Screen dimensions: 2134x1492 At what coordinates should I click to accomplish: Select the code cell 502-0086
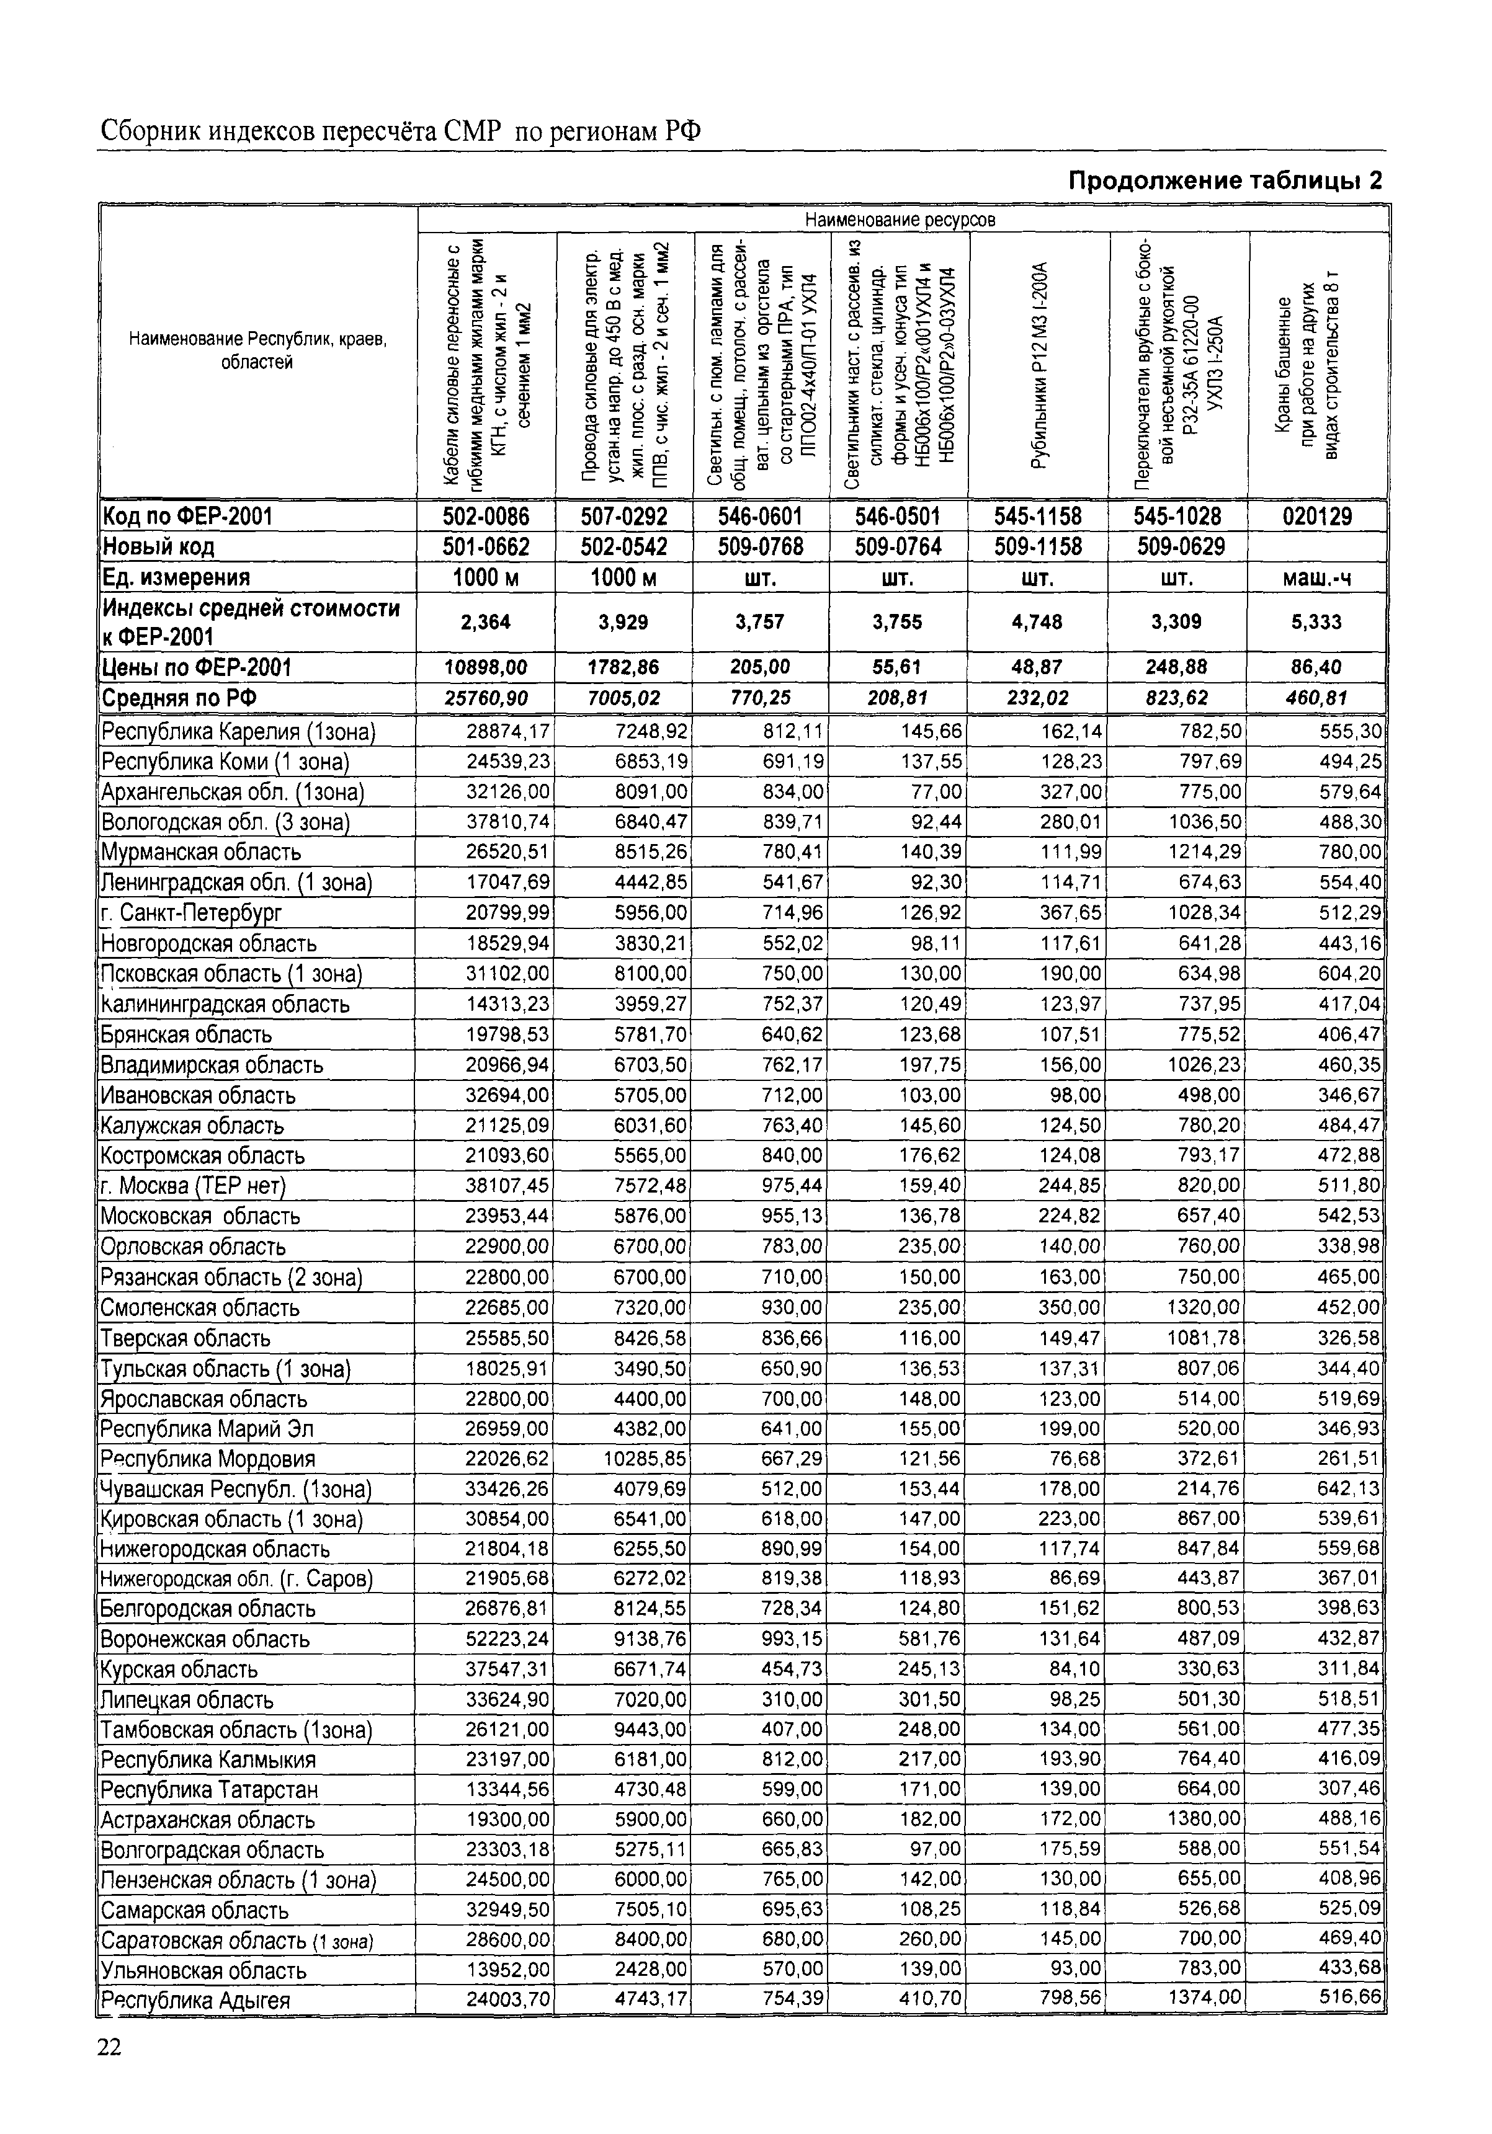click(486, 517)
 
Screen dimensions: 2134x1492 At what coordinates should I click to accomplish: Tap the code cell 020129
click(1316, 517)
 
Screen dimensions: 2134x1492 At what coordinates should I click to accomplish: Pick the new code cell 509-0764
click(898, 546)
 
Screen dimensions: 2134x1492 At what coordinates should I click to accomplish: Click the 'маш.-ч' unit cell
click(1316, 578)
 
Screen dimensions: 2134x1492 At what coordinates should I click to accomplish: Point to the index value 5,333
click(1316, 622)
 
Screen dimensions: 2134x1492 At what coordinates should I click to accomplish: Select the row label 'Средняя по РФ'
click(179, 698)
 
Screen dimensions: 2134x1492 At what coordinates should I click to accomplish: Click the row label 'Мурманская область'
click(202, 852)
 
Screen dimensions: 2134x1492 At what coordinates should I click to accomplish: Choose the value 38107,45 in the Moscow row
click(507, 1186)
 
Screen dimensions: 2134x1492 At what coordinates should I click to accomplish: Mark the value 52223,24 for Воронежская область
click(507, 1638)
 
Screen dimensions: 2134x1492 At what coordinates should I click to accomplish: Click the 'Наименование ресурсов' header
click(899, 220)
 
